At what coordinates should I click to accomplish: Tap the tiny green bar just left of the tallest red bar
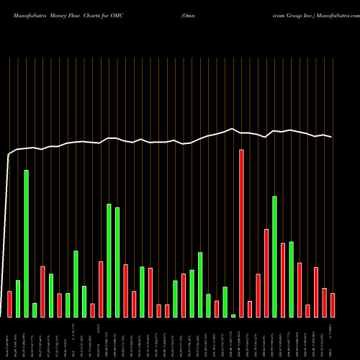click(233, 315)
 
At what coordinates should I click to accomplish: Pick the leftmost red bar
click(9, 304)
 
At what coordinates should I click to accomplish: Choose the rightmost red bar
click(333, 305)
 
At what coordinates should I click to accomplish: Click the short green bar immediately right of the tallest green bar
click(35, 310)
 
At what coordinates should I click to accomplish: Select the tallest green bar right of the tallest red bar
click(274, 256)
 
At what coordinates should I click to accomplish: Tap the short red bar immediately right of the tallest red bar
click(250, 309)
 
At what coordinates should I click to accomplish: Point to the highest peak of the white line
click(232, 130)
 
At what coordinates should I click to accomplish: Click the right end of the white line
click(332, 137)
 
